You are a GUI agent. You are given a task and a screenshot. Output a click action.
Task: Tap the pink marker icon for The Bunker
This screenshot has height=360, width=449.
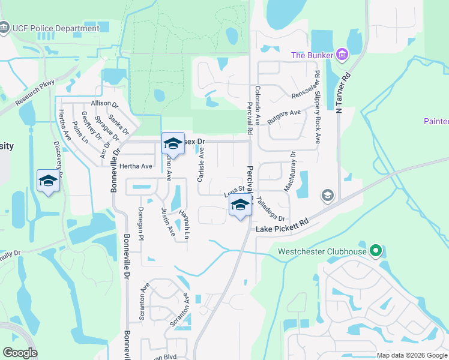point(342,55)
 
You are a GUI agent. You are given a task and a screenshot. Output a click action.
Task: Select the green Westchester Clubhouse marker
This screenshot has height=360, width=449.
point(376,251)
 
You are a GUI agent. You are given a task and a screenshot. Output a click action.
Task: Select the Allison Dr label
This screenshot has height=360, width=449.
point(105,103)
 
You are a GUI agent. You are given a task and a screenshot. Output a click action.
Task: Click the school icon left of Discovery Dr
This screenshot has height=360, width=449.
point(48,181)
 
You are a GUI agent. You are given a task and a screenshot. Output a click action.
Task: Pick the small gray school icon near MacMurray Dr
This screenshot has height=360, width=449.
point(328,195)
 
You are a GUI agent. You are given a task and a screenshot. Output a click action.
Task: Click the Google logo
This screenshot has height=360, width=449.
point(20,353)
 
